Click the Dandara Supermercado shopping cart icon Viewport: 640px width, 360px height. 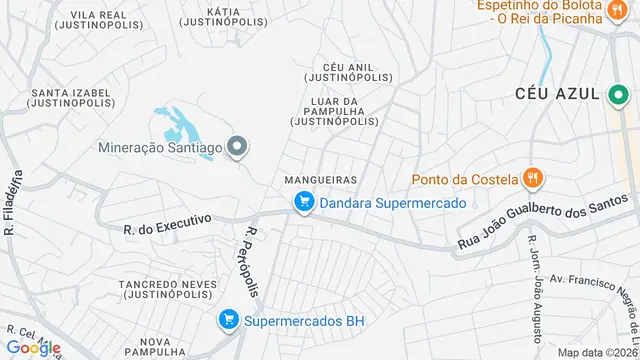pyautogui.click(x=304, y=202)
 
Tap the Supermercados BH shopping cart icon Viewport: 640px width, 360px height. pyautogui.click(x=229, y=320)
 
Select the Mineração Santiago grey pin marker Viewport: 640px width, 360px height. pyautogui.click(x=237, y=148)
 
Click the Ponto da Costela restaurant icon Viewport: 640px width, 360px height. pyautogui.click(x=533, y=180)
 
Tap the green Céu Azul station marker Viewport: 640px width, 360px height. pyautogui.click(x=616, y=94)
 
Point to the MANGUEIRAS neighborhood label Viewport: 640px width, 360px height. pyautogui.click(x=321, y=180)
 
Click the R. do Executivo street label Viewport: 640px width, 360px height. pyautogui.click(x=168, y=223)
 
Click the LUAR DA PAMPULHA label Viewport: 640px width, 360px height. pyautogui.click(x=334, y=110)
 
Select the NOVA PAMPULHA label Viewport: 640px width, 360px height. pyautogui.click(x=156, y=347)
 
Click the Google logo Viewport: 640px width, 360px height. pyautogui.click(x=33, y=347)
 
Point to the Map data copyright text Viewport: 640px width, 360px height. pyautogui.click(x=596, y=352)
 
